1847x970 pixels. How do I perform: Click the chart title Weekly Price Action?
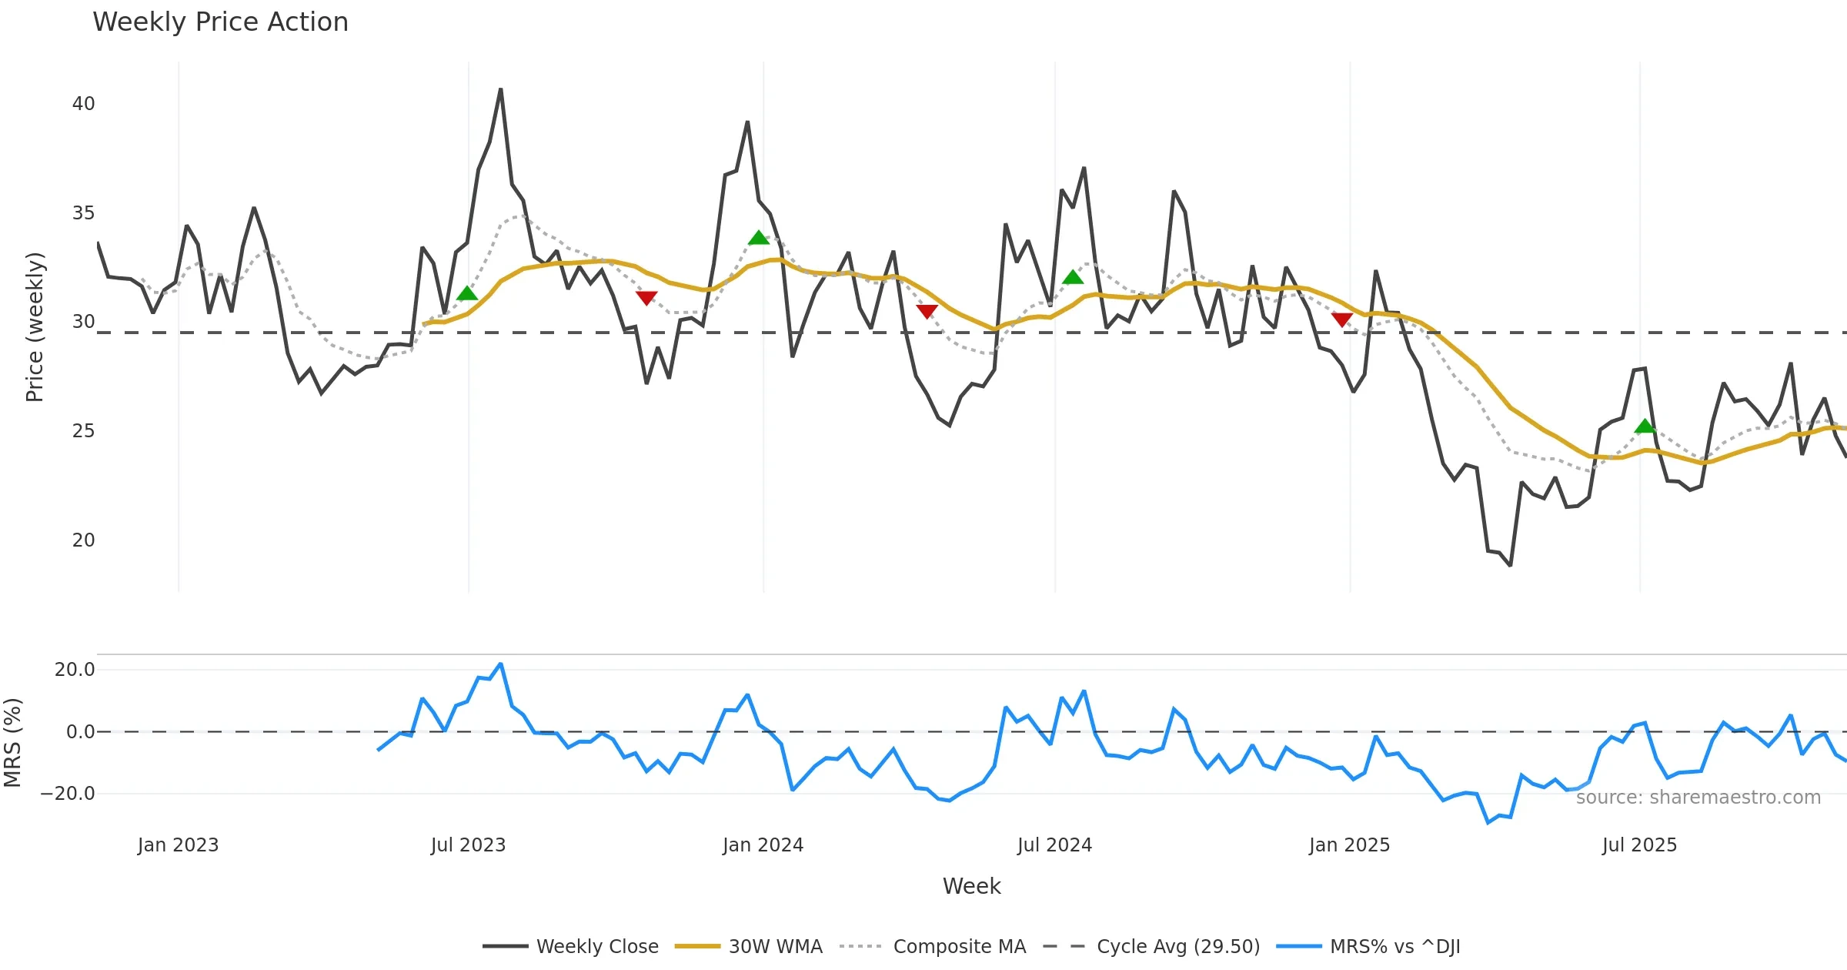pyautogui.click(x=220, y=22)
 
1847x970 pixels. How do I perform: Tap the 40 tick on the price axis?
pyautogui.click(x=83, y=104)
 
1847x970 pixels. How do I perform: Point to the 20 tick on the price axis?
pyautogui.click(x=83, y=540)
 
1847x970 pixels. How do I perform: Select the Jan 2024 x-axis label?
pyautogui.click(x=763, y=845)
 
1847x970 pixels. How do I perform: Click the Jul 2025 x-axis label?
pyautogui.click(x=1639, y=845)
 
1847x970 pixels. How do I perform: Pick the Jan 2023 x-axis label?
pyautogui.click(x=178, y=845)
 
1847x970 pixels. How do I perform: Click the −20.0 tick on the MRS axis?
pyautogui.click(x=68, y=794)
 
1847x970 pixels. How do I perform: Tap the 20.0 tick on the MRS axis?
pyautogui.click(x=75, y=670)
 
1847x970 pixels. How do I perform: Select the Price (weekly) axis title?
pyautogui.click(x=35, y=327)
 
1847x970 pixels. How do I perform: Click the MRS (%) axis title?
pyautogui.click(x=12, y=743)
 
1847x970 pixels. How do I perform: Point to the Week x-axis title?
pyautogui.click(x=971, y=887)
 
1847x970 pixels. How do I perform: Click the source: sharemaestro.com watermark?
pyautogui.click(x=1698, y=798)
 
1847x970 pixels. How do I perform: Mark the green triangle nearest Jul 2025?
pyautogui.click(x=1645, y=426)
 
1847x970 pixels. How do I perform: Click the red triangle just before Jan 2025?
pyautogui.click(x=1341, y=319)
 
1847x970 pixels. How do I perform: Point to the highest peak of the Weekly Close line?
pyautogui.click(x=500, y=90)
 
